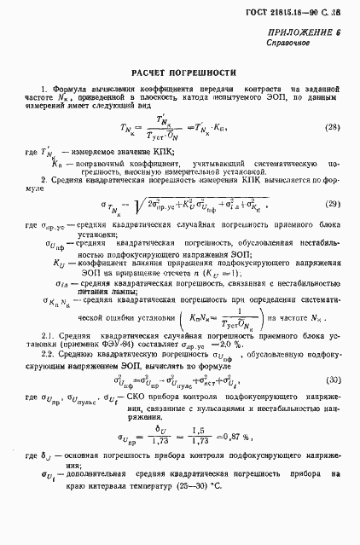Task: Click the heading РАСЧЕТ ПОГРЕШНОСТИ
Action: click(x=179, y=72)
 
